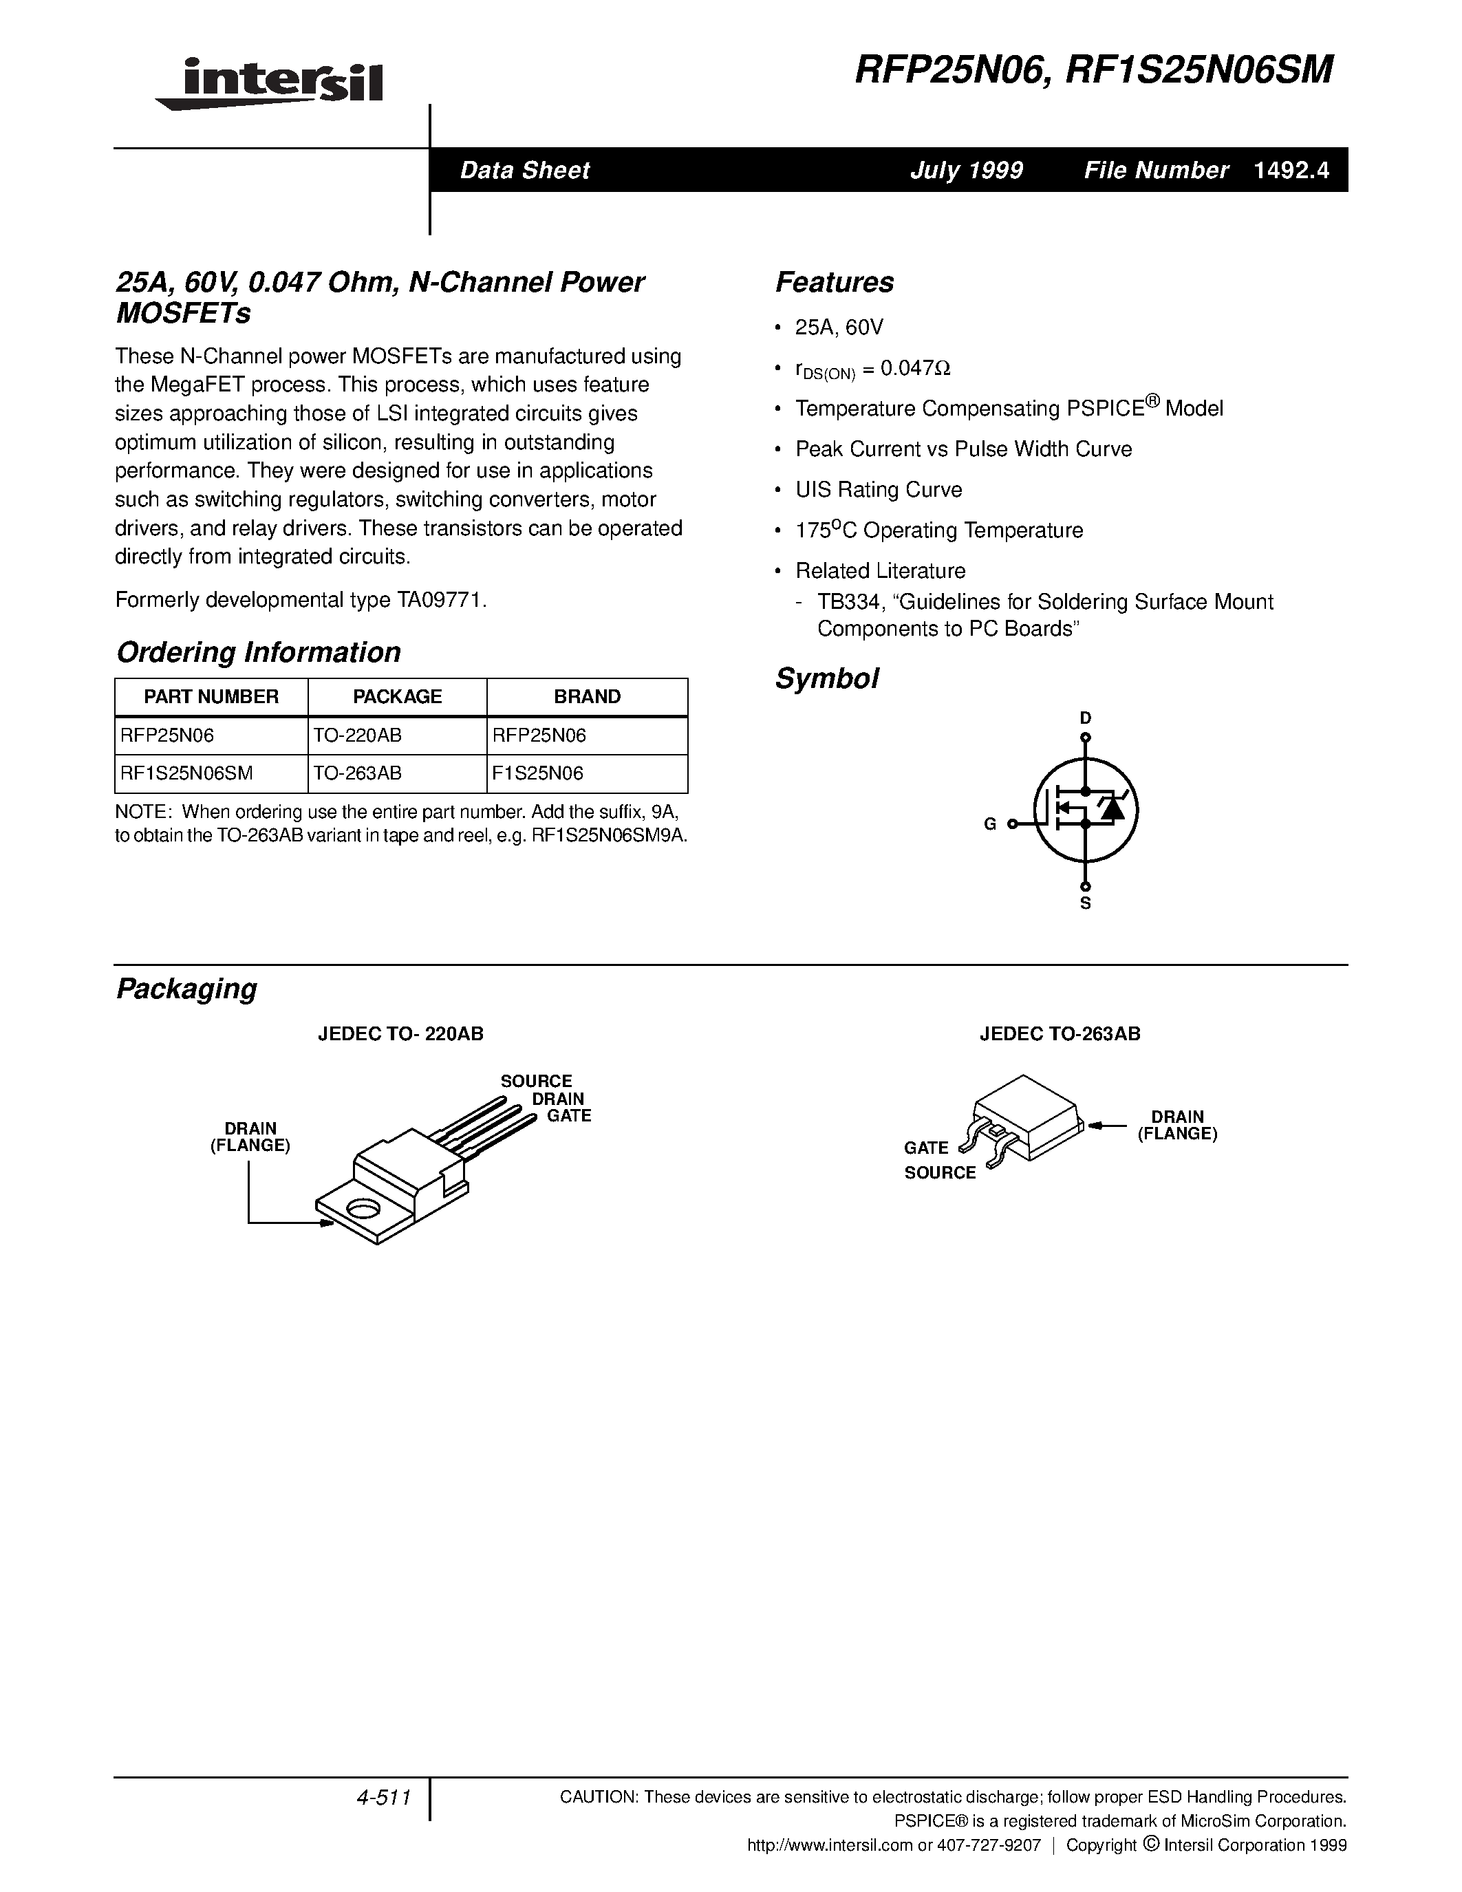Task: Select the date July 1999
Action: click(x=966, y=171)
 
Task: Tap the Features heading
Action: click(x=834, y=282)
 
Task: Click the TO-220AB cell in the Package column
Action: click(x=358, y=735)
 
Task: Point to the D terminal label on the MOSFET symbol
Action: click(x=1085, y=718)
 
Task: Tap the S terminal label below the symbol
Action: click(x=1085, y=903)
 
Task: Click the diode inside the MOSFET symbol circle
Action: click(x=1111, y=809)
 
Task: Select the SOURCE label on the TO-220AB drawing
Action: click(x=536, y=1081)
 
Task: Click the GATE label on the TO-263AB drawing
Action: click(x=926, y=1148)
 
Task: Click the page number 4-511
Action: click(x=382, y=1798)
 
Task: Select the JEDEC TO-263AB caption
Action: click(x=1060, y=1033)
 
